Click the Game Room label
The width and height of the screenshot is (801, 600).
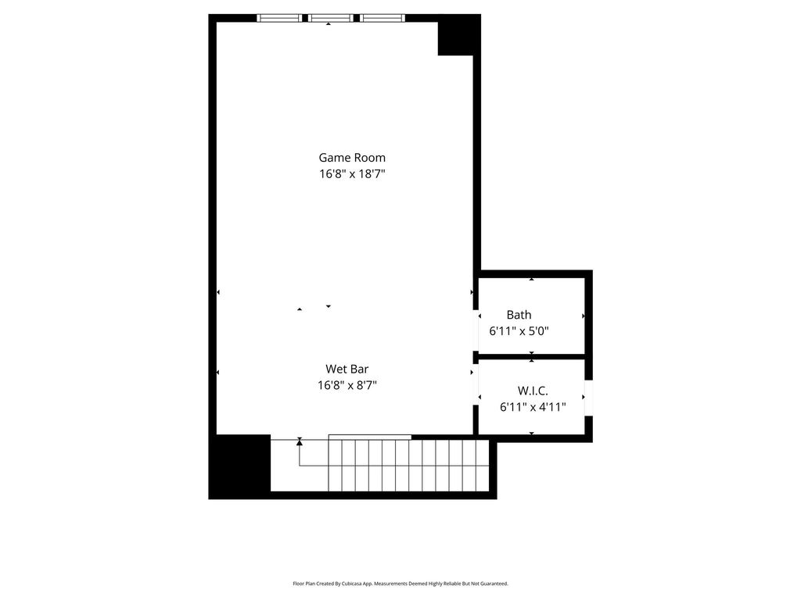pyautogui.click(x=352, y=158)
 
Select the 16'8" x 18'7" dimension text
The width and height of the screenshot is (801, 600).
pyautogui.click(x=352, y=174)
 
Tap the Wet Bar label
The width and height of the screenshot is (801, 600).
pyautogui.click(x=347, y=369)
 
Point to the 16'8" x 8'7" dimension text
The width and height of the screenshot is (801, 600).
pyautogui.click(x=347, y=385)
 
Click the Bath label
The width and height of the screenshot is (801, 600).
pyautogui.click(x=519, y=315)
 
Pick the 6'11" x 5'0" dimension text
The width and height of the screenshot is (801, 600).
pyautogui.click(x=519, y=331)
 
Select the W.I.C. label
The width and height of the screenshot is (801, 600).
pyautogui.click(x=533, y=391)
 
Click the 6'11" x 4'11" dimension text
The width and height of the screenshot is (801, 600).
pyautogui.click(x=533, y=407)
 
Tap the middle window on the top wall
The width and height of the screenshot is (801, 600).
pyautogui.click(x=331, y=19)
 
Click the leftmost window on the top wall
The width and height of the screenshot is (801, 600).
pyautogui.click(x=279, y=19)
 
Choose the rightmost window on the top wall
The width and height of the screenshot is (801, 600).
pyautogui.click(x=383, y=19)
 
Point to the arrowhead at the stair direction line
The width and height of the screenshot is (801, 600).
pyautogui.click(x=300, y=442)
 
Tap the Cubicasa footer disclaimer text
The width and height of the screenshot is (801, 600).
pyautogui.click(x=400, y=584)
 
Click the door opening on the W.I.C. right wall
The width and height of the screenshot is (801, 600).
pyautogui.click(x=588, y=398)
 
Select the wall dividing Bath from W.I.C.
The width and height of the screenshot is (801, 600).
pyautogui.click(x=531, y=356)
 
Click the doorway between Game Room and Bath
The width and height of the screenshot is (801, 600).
pyautogui.click(x=476, y=330)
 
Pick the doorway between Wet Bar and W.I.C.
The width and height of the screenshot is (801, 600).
pyautogui.click(x=476, y=384)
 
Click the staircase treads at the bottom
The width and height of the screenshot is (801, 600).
pyautogui.click(x=408, y=466)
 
